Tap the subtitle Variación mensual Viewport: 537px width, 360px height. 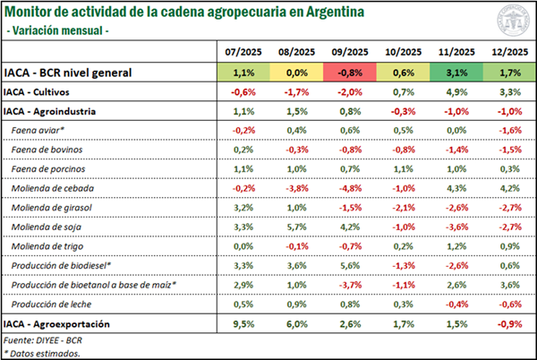click(x=59, y=30)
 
